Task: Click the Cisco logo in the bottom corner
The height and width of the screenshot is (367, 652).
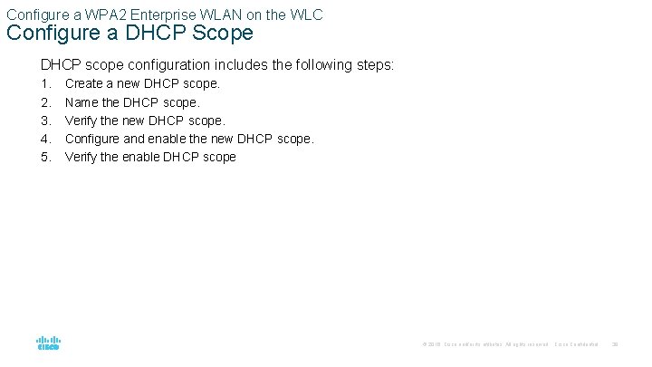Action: (x=48, y=342)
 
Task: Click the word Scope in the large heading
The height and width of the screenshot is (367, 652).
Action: (x=220, y=34)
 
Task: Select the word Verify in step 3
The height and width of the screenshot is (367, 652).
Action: (x=82, y=121)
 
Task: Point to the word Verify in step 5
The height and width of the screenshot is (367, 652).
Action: (x=82, y=157)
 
